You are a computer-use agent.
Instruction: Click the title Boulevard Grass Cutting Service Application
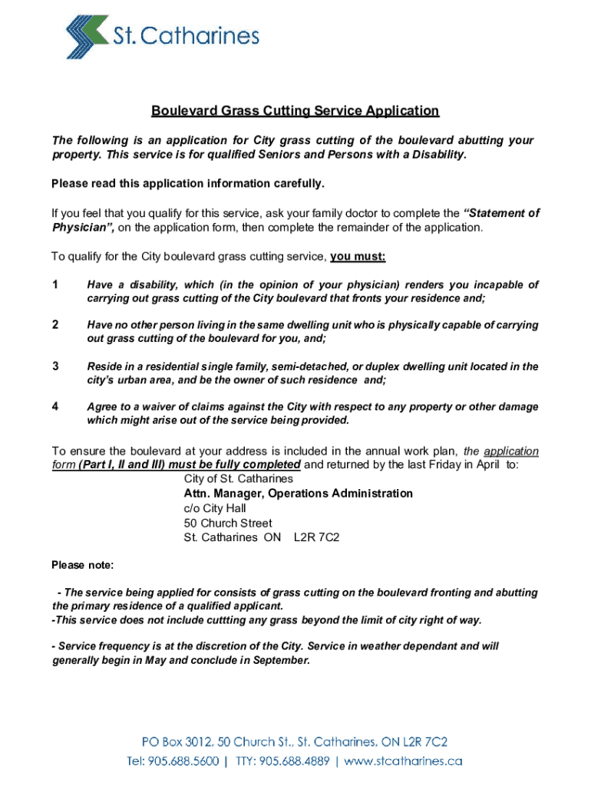point(295,111)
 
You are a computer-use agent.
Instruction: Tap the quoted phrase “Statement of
point(502,213)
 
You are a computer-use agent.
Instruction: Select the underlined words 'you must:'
point(358,256)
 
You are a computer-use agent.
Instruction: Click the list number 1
point(54,285)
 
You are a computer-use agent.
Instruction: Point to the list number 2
point(54,325)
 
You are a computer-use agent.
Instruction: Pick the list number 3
point(54,366)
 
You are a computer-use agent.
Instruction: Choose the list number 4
point(54,406)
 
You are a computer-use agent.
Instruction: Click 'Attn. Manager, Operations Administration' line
point(298,494)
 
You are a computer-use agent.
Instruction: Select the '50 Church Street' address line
point(228,523)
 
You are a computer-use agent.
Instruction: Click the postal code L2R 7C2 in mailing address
point(316,537)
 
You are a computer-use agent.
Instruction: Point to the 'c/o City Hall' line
point(215,508)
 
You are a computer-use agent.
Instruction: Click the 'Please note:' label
point(82,566)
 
